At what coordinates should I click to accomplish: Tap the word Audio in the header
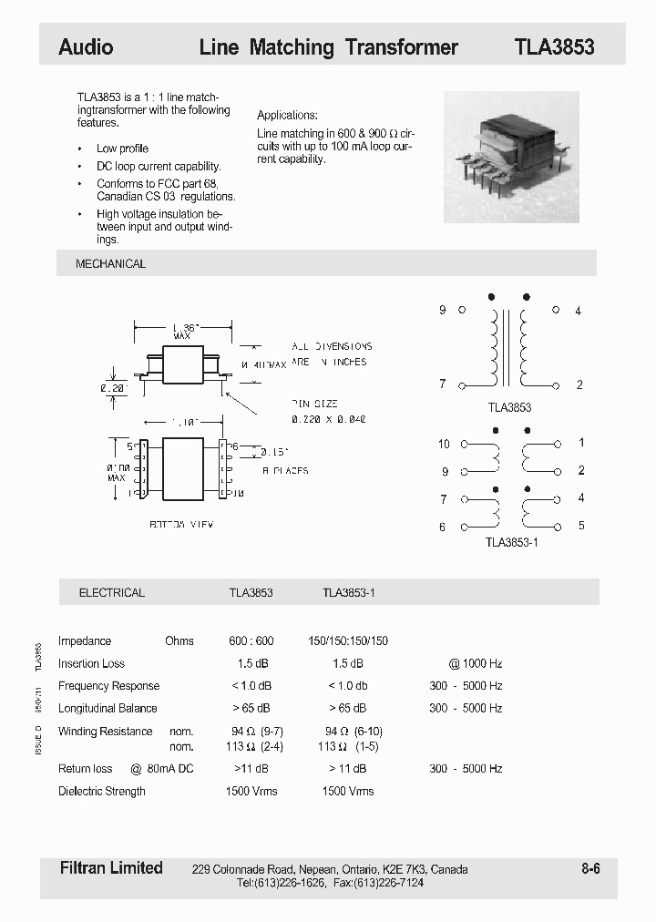(x=86, y=47)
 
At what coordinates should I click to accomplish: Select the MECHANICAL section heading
(x=110, y=264)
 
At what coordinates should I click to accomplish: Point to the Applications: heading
(x=287, y=116)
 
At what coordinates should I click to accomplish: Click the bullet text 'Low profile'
(x=122, y=149)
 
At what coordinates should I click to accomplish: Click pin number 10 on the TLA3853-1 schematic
(x=444, y=444)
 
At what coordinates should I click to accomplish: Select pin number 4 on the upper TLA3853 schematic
(x=578, y=311)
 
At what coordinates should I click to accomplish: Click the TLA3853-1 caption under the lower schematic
(x=514, y=541)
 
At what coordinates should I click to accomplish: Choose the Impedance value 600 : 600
(x=251, y=640)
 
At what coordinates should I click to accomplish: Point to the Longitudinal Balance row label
(x=108, y=708)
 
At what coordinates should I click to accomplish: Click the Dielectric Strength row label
(x=102, y=791)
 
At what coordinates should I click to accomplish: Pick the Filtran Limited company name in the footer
(x=110, y=867)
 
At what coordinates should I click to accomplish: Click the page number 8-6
(x=590, y=868)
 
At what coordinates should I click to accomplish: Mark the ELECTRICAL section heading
(x=111, y=592)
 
